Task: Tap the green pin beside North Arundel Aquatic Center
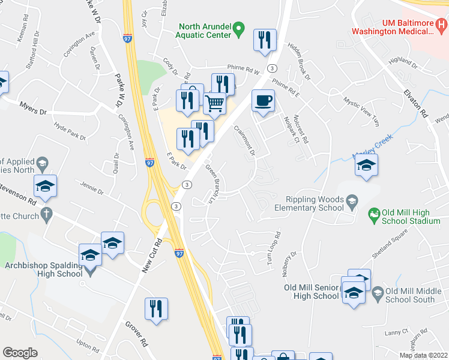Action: pos(238,28)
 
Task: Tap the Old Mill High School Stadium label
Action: pos(412,217)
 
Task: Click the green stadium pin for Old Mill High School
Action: pos(374,213)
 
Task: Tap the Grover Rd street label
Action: pos(136,334)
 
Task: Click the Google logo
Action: pos(20,353)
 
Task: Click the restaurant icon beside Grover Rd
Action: pos(156,309)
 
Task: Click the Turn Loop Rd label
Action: pos(274,250)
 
